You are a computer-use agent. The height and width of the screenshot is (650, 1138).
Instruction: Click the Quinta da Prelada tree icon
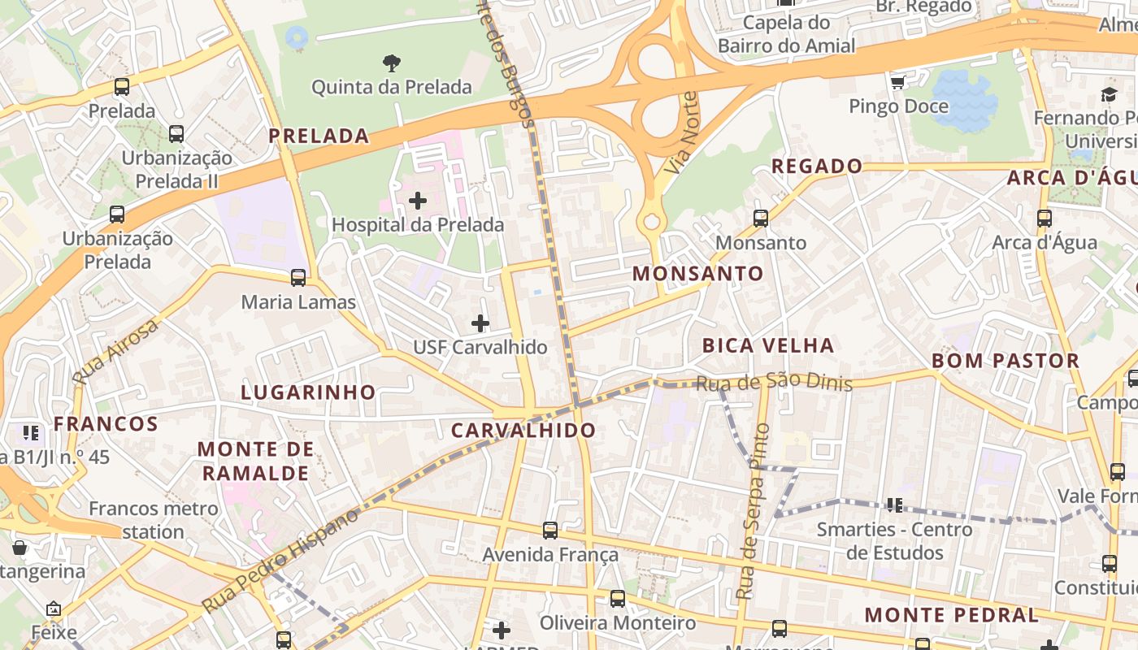392,63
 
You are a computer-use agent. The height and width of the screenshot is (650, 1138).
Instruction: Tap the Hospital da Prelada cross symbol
418,200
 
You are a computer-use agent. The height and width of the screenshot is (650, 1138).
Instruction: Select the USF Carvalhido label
480,347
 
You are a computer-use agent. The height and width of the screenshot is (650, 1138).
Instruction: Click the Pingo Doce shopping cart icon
898,83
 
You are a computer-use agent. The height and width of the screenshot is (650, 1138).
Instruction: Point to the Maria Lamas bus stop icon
298,278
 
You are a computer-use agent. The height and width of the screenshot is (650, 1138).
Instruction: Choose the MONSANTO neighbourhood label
698,273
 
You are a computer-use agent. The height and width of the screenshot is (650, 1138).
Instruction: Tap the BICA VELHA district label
768,345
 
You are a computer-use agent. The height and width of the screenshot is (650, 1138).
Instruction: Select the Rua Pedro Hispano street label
280,561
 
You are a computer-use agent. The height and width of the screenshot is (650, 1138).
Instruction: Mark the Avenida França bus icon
550,531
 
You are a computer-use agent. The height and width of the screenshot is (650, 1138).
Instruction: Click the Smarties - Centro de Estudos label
894,541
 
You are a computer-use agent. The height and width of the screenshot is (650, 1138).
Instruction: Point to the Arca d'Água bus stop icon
1045,219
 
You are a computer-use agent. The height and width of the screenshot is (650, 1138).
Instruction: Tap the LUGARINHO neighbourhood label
308,392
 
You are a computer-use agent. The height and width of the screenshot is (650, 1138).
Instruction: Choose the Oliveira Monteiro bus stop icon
618,599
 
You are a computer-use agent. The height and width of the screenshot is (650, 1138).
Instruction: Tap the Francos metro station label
154,520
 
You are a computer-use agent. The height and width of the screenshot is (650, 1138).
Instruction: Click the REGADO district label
817,166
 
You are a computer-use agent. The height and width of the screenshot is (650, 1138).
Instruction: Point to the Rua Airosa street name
115,352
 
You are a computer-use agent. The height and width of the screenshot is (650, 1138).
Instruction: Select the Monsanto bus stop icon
761,219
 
